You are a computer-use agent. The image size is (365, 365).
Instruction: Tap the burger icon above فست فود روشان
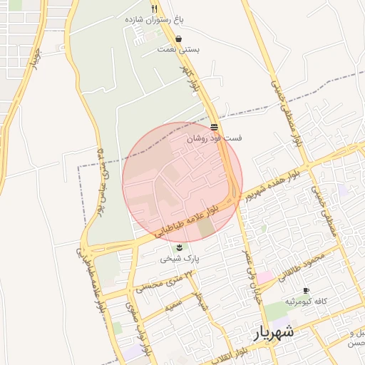[x=214, y=127]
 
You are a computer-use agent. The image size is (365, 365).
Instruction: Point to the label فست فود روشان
[x=214, y=138]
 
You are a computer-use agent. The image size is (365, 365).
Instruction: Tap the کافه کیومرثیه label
[x=306, y=302]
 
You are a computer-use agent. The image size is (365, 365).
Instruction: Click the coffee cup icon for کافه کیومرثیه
[x=306, y=291]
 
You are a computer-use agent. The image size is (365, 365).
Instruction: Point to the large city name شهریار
[x=273, y=332]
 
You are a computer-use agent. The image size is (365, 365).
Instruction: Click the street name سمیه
[x=175, y=307]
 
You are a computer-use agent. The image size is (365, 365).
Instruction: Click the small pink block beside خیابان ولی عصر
[x=264, y=277]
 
